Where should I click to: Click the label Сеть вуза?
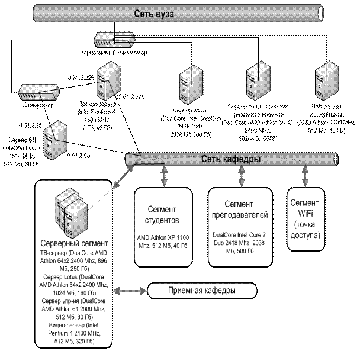(x=153, y=13)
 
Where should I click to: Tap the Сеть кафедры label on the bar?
(x=231, y=159)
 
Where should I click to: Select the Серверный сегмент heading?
(x=74, y=243)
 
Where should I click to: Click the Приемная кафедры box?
(x=201, y=291)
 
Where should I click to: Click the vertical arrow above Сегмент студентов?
(x=163, y=176)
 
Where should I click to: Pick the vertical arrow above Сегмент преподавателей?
(x=241, y=176)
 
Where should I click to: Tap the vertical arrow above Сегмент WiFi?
(x=305, y=176)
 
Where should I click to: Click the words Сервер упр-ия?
(x=60, y=301)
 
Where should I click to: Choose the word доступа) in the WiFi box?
(x=306, y=236)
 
